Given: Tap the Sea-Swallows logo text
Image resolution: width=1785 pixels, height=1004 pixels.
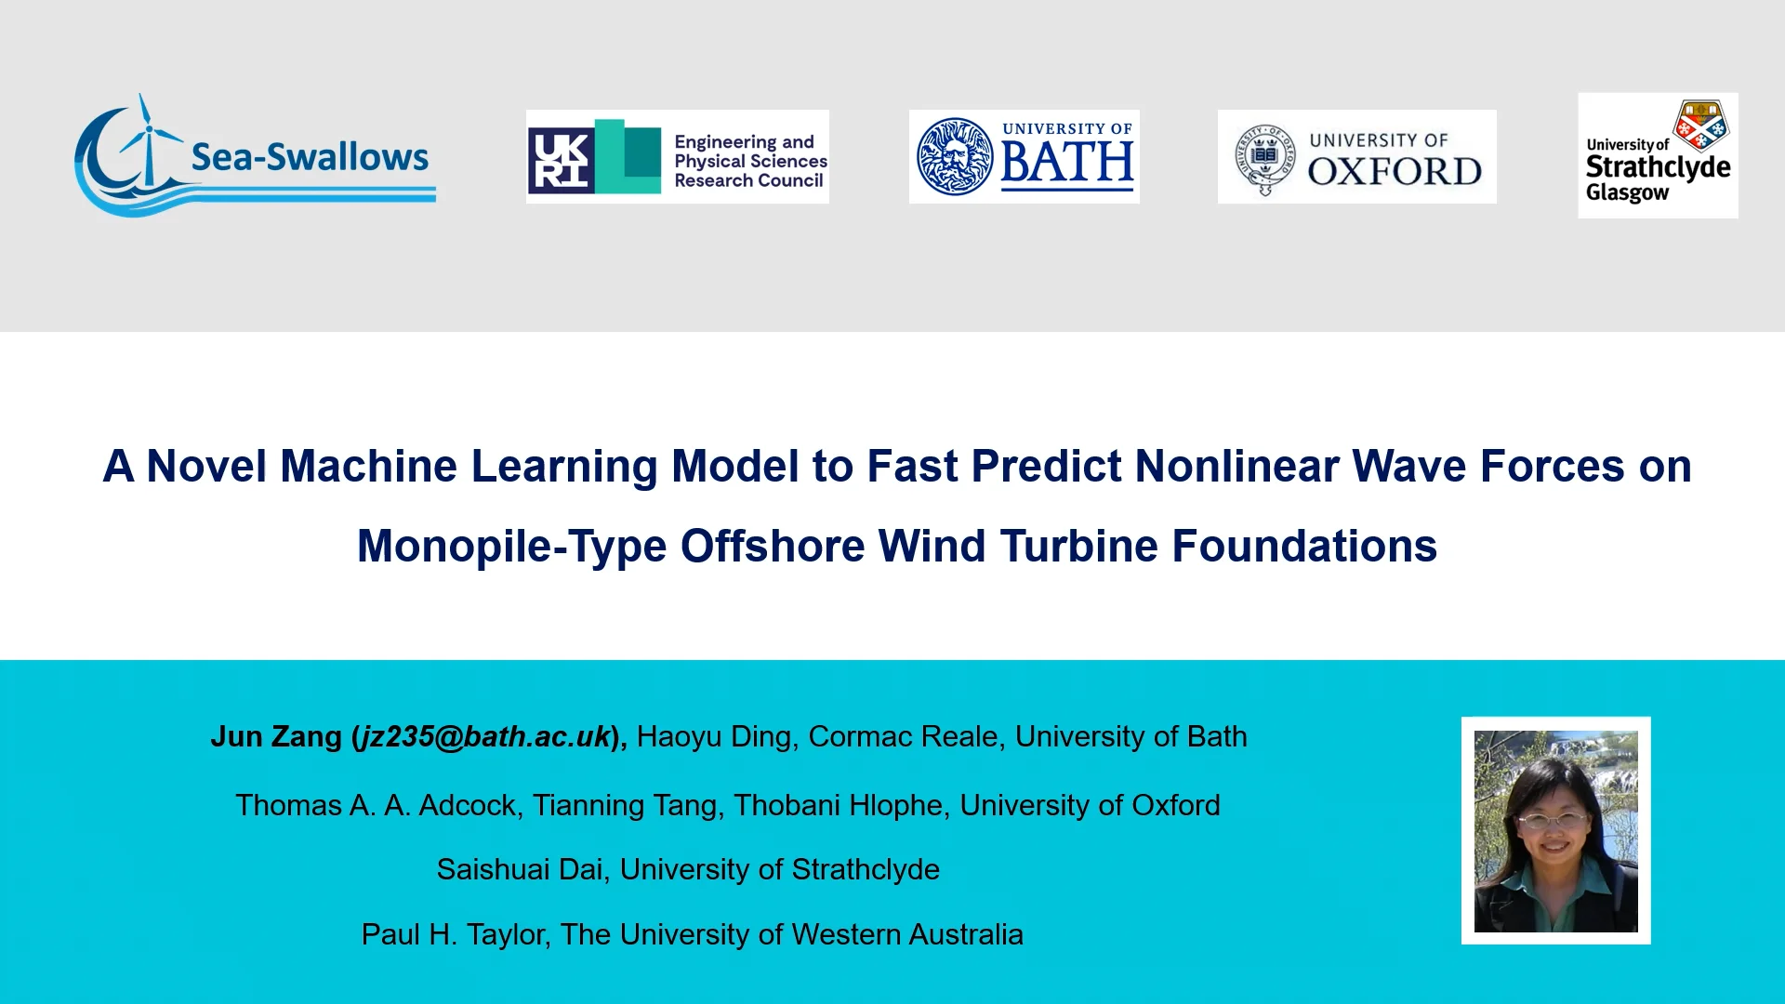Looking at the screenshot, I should tap(310, 157).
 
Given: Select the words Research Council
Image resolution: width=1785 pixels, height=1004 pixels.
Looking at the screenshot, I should tap(748, 180).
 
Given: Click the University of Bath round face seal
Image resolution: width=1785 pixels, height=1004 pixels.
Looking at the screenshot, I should tap(954, 156).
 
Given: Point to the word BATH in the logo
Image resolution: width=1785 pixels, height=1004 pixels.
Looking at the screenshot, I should tap(1067, 163).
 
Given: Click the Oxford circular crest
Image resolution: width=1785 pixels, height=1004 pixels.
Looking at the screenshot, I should tap(1264, 157).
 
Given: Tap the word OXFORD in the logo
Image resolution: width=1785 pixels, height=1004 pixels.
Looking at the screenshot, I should tap(1395, 172).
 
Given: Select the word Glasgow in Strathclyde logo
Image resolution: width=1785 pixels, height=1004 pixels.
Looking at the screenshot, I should tap(1627, 193).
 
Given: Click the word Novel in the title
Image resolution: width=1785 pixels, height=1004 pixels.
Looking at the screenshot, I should tap(207, 466).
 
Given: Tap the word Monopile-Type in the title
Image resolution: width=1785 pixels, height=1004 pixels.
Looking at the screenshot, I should tap(511, 546).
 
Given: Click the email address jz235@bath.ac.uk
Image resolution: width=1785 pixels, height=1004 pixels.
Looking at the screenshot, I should tap(485, 736).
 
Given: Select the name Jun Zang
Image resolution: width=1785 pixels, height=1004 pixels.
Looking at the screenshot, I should tap(276, 736).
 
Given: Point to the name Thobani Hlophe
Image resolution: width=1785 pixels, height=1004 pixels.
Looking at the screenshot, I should tap(838, 805).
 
